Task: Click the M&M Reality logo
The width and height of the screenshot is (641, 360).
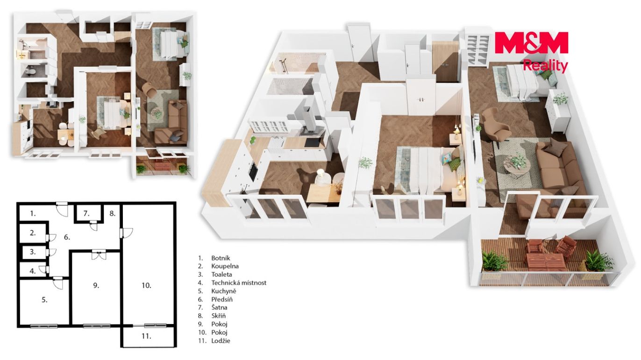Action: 531,51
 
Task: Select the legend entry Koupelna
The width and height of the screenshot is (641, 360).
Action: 225,266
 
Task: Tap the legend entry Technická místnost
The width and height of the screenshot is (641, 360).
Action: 239,283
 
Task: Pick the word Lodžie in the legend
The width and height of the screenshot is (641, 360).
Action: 221,341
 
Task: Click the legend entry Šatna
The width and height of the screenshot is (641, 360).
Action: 219,308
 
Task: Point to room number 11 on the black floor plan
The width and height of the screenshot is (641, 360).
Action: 146,336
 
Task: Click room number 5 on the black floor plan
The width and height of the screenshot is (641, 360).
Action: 44,300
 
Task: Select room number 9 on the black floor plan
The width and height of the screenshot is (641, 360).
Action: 96,285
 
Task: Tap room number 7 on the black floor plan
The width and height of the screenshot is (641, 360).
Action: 86,213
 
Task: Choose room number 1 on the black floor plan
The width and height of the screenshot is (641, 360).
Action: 33,213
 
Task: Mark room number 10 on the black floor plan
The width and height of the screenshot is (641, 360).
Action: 146,285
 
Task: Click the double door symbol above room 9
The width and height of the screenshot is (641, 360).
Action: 99,255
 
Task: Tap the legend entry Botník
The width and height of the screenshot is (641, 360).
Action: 221,258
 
